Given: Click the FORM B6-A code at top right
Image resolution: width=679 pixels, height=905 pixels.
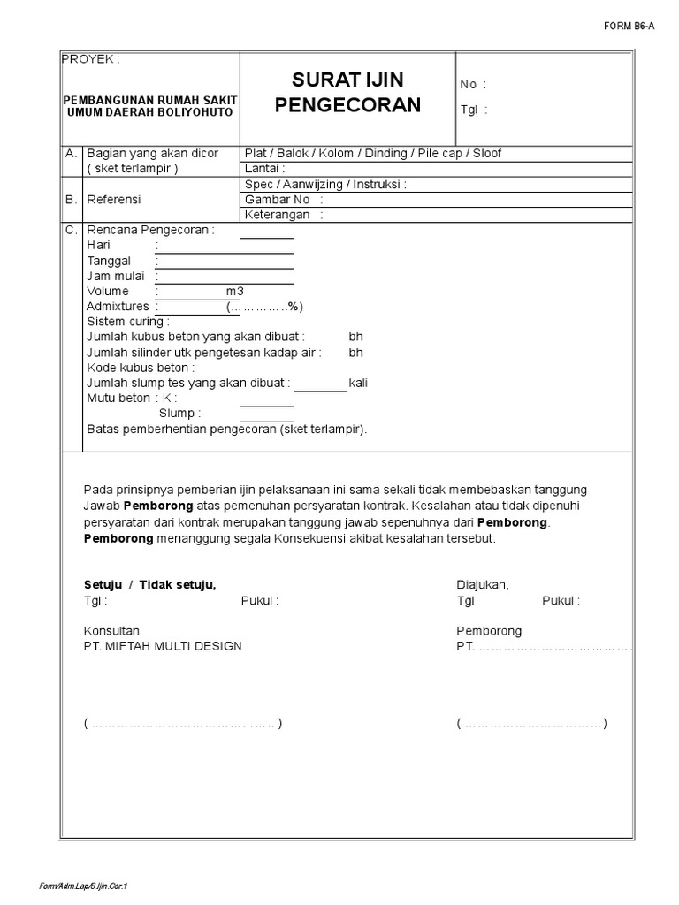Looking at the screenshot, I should tap(629, 26).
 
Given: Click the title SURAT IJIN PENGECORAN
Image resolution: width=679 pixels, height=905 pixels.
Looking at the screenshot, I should tap(347, 95).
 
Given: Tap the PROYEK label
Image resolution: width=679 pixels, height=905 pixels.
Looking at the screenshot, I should tap(90, 59).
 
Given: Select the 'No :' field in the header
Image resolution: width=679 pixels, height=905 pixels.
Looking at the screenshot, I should tap(473, 85).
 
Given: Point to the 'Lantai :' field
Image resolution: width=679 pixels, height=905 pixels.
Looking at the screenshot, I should tap(264, 168).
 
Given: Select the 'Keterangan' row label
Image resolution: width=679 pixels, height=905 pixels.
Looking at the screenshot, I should tap(278, 215).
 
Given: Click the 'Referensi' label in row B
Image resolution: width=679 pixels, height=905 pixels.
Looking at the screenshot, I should tap(113, 200).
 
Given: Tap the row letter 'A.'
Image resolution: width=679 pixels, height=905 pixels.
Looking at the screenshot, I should tap(72, 154).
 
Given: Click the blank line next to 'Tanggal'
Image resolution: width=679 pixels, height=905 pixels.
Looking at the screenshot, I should tap(225, 262).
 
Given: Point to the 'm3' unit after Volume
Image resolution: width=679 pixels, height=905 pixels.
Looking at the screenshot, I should tap(234, 292).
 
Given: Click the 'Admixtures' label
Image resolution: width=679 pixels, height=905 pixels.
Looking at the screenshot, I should tap(118, 307).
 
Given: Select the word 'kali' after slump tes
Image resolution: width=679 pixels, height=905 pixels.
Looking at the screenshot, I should tap(358, 384).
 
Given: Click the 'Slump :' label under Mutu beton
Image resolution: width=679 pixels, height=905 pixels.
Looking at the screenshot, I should tap(179, 414).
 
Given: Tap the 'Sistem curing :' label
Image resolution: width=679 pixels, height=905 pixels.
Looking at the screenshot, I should tap(127, 322).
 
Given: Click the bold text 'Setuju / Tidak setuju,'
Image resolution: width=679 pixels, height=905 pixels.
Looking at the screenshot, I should tap(149, 585).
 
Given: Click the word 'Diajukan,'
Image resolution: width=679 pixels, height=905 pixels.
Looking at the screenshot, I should tap(482, 585).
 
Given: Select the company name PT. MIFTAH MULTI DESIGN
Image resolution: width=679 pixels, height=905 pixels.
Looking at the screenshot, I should tap(163, 646).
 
